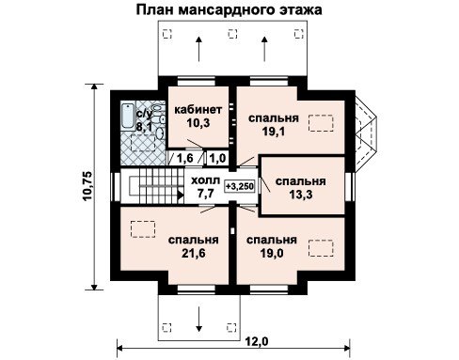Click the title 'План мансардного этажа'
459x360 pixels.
(229, 9)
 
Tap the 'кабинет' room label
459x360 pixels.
(198, 110)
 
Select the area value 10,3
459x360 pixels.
(198, 123)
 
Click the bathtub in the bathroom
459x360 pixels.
(127, 117)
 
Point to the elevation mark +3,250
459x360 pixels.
(240, 186)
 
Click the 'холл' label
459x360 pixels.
(206, 180)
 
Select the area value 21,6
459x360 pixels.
(194, 253)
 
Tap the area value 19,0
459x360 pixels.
(272, 253)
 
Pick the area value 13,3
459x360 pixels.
(300, 195)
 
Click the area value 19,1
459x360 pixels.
(274, 132)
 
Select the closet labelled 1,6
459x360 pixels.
(185, 158)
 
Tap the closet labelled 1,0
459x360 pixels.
(217, 158)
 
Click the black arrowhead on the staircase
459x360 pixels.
(180, 195)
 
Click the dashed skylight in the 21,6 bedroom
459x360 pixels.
(143, 229)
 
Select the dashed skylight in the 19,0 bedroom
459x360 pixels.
(321, 248)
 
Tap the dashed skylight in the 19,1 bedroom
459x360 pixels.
(321, 123)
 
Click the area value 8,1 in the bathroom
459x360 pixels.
(144, 126)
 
